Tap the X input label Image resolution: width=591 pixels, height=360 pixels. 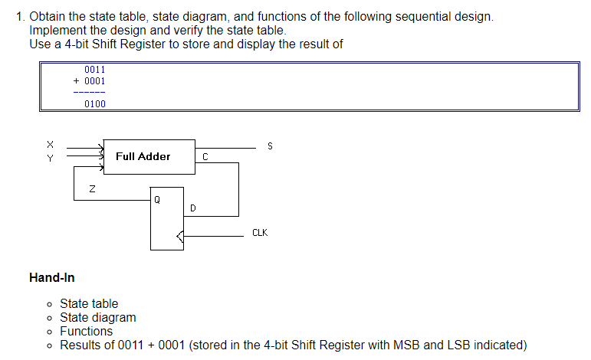click(x=51, y=143)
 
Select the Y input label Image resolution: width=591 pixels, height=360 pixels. click(x=51, y=158)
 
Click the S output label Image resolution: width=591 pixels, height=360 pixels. click(x=269, y=146)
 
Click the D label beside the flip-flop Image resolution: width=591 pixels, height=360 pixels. click(x=192, y=208)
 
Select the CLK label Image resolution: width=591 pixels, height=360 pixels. click(x=260, y=233)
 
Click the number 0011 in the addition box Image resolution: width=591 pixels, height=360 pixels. click(x=94, y=69)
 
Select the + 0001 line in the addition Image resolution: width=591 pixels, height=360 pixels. click(x=90, y=80)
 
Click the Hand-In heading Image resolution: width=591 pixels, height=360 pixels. click(x=51, y=277)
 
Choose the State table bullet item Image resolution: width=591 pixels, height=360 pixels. click(x=89, y=303)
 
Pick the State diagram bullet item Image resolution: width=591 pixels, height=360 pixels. click(x=97, y=317)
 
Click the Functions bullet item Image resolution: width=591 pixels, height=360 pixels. click(x=86, y=331)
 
